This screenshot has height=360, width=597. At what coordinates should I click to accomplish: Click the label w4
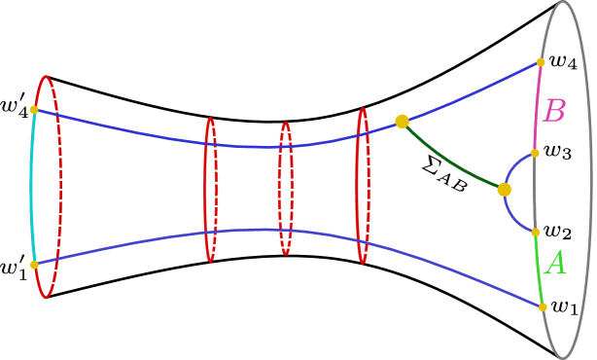[x=563, y=61]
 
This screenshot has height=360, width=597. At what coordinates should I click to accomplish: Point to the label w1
[x=565, y=306]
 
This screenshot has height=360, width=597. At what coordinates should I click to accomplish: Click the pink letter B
[x=553, y=111]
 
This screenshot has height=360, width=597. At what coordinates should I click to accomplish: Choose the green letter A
[x=555, y=264]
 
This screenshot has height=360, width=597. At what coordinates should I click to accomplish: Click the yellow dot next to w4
[x=540, y=61]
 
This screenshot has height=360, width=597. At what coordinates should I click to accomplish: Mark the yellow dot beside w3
[x=534, y=153]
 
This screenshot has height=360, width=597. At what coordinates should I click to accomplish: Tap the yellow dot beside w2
[x=535, y=232]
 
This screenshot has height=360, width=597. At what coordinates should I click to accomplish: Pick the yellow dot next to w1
[x=542, y=306]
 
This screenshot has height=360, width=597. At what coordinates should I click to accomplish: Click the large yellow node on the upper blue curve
[x=402, y=122]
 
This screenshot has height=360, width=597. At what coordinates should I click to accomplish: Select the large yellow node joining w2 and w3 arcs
[x=504, y=190]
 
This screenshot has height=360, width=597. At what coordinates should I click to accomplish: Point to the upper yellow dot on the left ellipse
[x=34, y=110]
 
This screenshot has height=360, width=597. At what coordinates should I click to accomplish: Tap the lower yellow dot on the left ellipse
[x=34, y=264]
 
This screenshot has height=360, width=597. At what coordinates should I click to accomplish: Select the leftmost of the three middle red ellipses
[x=210, y=190]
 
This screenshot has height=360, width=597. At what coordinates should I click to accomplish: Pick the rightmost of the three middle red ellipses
[x=362, y=185]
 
